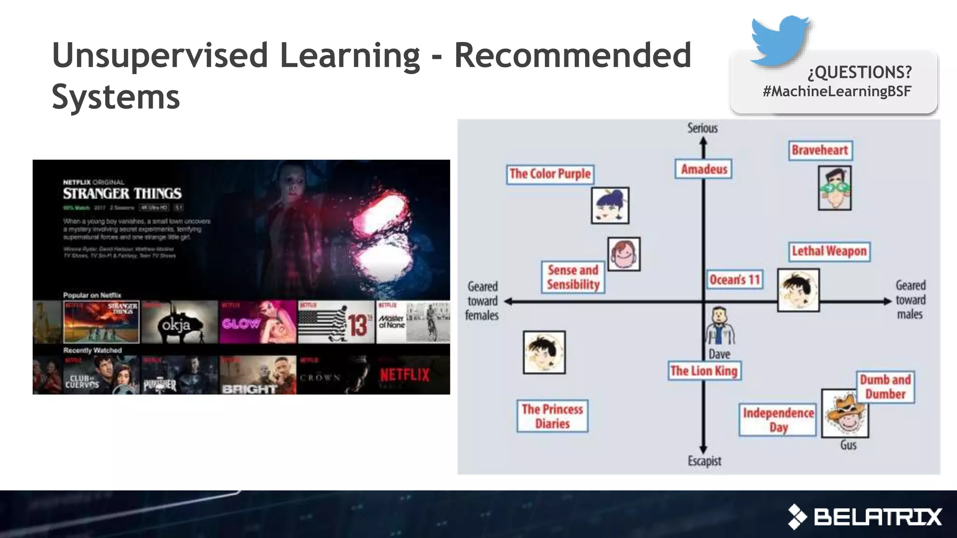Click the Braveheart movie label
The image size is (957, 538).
[x=820, y=150]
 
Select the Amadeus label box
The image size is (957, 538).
[x=704, y=169]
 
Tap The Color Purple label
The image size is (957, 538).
[x=550, y=174]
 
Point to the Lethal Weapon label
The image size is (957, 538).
[x=829, y=251]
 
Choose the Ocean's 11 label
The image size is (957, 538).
[x=735, y=280]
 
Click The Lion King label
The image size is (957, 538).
[x=704, y=371]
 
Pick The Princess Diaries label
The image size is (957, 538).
[x=552, y=416]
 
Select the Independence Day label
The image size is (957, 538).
[x=778, y=420]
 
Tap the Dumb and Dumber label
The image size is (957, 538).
[x=885, y=387]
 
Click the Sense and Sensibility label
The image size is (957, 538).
[x=573, y=277]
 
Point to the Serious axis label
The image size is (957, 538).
[x=702, y=128]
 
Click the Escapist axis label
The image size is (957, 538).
[x=704, y=461]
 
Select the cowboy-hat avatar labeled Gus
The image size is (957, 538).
[x=845, y=413]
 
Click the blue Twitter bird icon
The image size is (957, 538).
[x=779, y=40]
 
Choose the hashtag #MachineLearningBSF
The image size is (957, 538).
[x=837, y=91]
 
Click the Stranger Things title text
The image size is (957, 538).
[x=122, y=193]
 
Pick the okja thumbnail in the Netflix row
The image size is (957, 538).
[x=179, y=322]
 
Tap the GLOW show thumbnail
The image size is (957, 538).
[x=257, y=322]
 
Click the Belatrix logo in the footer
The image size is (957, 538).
[x=864, y=517]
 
